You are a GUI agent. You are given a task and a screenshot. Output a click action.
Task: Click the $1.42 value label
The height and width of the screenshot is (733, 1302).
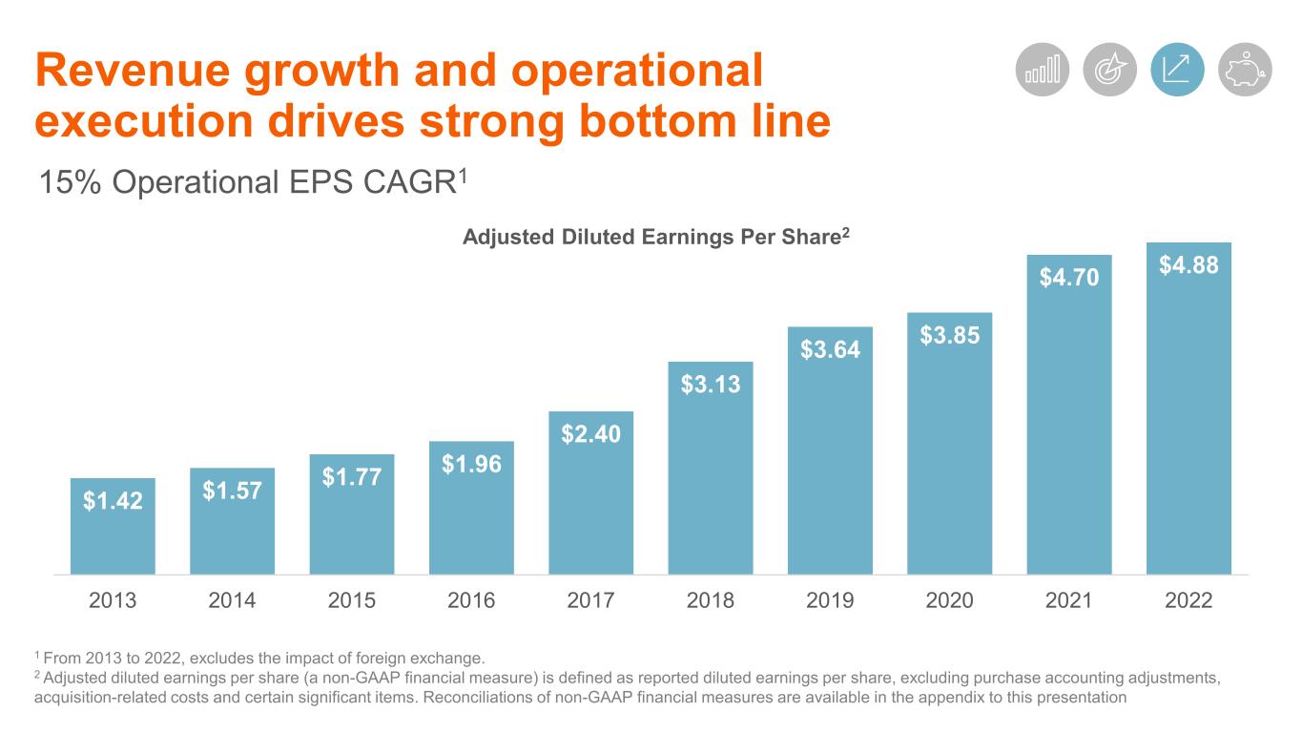coord(113,500)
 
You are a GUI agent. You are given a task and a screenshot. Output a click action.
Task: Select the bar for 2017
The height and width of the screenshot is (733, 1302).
coord(591,506)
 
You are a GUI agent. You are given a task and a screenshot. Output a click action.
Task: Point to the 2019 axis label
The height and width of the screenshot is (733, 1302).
coord(830,601)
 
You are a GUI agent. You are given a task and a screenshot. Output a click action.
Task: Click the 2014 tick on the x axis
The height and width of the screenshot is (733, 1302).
coord(232,601)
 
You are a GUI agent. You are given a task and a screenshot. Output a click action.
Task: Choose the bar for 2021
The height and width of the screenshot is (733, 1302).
coord(1069,429)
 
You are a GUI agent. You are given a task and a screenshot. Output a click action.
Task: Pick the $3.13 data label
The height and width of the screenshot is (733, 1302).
coord(711,384)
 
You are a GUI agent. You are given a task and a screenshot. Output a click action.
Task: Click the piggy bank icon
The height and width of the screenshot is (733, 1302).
coord(1245,70)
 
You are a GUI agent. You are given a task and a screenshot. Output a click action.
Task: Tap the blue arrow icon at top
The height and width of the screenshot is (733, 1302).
coord(1177,70)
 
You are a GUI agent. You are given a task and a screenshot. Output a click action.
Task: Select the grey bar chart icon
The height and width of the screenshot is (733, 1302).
coord(1043,70)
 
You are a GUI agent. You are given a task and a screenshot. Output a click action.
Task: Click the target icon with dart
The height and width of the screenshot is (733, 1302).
coord(1110,70)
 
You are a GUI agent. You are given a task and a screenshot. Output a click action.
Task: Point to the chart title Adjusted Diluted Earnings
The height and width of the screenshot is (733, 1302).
coord(654,238)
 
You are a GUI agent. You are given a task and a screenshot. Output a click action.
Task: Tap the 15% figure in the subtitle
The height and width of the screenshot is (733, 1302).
coord(69,180)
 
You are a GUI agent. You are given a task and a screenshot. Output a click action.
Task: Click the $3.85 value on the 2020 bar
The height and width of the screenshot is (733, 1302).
coord(950,336)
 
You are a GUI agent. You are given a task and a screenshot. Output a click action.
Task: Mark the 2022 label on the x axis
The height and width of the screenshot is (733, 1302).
coord(1188,601)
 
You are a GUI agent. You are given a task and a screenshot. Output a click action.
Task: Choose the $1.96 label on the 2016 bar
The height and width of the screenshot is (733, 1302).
coord(471,465)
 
